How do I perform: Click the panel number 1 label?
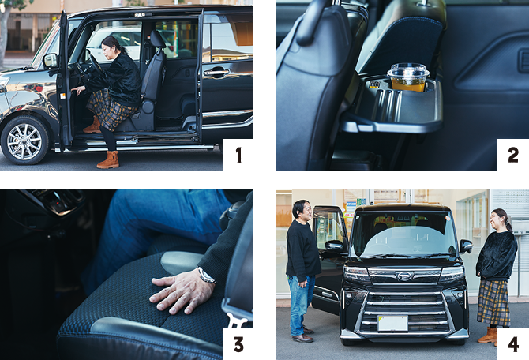238,156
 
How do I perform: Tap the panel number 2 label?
513,156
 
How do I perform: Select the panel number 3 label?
238,345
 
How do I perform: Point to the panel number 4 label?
513,345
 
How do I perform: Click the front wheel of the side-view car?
24,141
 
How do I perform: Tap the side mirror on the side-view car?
51,60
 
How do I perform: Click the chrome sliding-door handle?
216,72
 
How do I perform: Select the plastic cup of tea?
408,77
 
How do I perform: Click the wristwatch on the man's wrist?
206,276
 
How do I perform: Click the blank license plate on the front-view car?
392,323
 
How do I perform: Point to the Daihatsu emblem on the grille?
404,276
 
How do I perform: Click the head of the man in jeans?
302,209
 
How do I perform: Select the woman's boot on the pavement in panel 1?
109,159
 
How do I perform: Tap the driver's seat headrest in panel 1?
157,39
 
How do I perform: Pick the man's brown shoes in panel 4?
302,335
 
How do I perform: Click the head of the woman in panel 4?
500,219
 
